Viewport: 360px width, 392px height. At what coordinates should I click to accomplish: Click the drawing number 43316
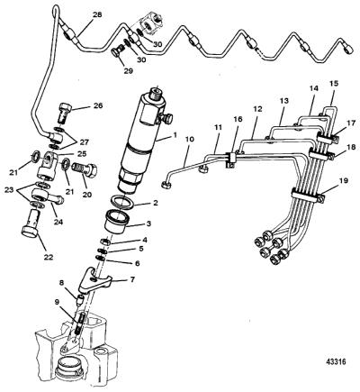[336, 361]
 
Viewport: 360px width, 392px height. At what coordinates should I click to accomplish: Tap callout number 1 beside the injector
[174, 135]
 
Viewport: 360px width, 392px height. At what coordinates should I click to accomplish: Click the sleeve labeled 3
[117, 222]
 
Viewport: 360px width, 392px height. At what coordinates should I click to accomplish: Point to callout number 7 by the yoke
[132, 279]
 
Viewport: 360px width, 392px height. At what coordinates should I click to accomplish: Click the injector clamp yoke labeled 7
[95, 281]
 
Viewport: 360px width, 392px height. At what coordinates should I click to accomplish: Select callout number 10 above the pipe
[190, 140]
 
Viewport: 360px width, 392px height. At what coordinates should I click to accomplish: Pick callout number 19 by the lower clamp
[344, 181]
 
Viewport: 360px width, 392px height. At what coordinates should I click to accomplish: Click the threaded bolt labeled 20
[85, 170]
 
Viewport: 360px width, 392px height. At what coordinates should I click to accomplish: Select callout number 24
[58, 223]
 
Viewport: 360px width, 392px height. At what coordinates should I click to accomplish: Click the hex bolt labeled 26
[64, 113]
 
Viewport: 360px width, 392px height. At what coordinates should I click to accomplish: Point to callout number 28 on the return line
[97, 14]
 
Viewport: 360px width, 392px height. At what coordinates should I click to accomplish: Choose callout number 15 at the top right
[334, 83]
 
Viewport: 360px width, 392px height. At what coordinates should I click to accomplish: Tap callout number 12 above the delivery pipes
[258, 109]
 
